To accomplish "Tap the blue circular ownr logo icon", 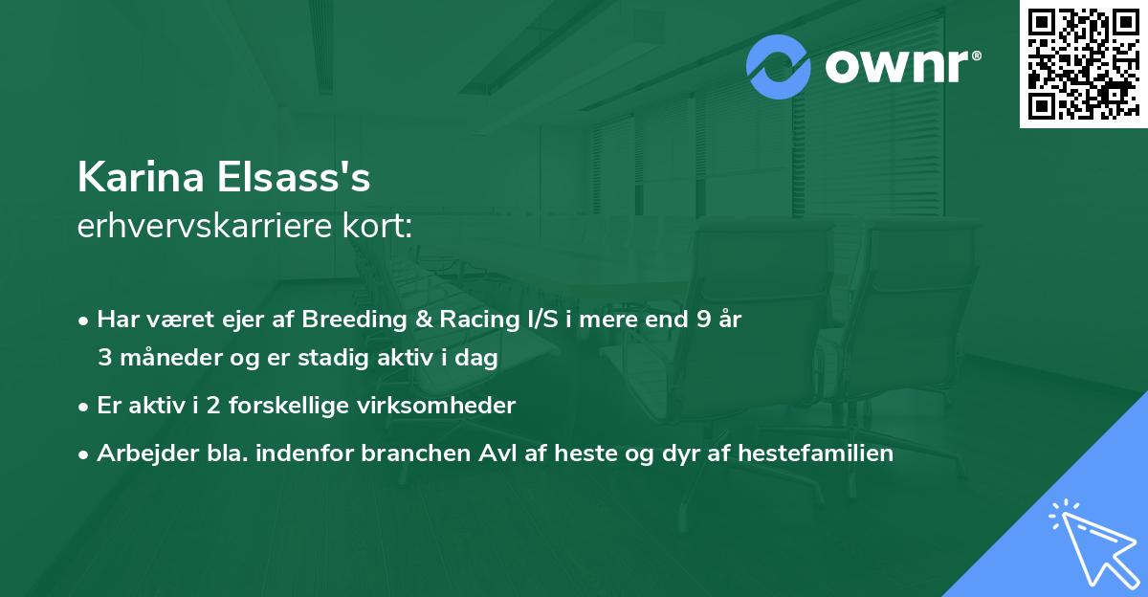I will [x=779, y=67].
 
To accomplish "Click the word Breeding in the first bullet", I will [x=346, y=320].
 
